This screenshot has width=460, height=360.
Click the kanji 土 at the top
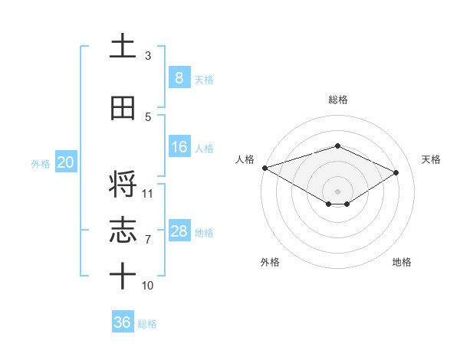pyautogui.click(x=123, y=46)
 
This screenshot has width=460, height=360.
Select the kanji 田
pyautogui.click(x=123, y=109)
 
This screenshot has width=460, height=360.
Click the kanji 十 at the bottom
pyautogui.click(x=123, y=274)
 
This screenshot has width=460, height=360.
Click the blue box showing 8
pyautogui.click(x=179, y=77)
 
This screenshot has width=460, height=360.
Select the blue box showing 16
pyautogui.click(x=179, y=147)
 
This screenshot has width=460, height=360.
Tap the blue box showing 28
pyautogui.click(x=179, y=231)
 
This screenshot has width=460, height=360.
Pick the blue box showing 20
pyautogui.click(x=65, y=162)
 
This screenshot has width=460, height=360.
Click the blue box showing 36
pyautogui.click(x=122, y=322)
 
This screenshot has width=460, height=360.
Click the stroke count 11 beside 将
pyautogui.click(x=148, y=193)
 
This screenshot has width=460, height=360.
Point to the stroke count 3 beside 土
pyautogui.click(x=148, y=56)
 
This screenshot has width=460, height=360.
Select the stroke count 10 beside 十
pyautogui.click(x=148, y=286)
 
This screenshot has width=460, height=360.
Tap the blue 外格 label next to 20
pyautogui.click(x=40, y=164)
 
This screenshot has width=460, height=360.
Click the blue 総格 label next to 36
pyautogui.click(x=147, y=324)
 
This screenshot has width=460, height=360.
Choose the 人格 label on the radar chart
pyautogui.click(x=245, y=159)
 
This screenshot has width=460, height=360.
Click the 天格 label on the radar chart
pyautogui.click(x=431, y=159)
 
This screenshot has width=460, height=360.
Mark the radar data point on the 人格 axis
pyautogui.click(x=264, y=168)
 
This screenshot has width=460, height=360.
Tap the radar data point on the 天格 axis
pyautogui.click(x=396, y=172)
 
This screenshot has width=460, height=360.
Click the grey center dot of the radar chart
pyautogui.click(x=337, y=191)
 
